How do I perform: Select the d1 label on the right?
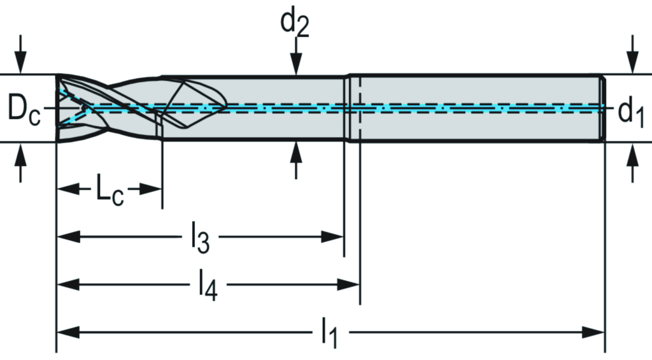pos(631,112)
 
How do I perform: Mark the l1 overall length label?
pos(328,333)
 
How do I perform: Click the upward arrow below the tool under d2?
pos(295,153)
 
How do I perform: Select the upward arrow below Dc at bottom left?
pos(21,155)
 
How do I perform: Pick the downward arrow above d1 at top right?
pos(632,61)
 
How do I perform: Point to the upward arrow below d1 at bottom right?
pos(632,155)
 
